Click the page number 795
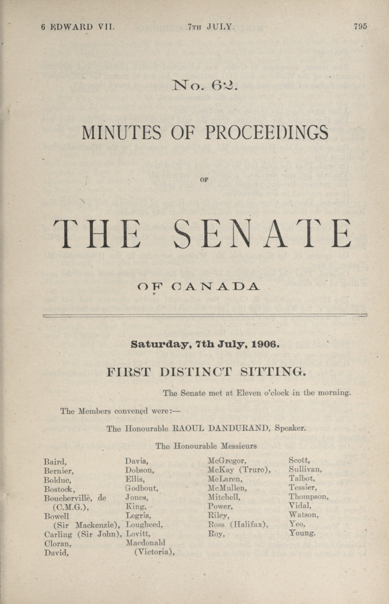click(360, 27)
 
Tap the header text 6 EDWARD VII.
click(78, 27)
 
